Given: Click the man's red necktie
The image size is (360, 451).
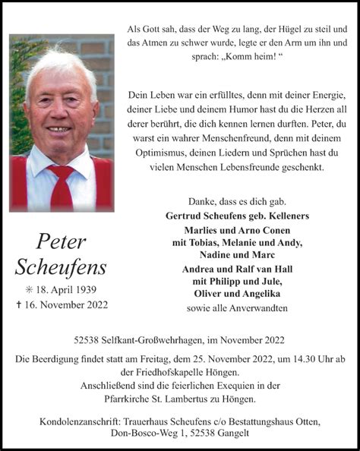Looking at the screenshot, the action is tap(62, 187).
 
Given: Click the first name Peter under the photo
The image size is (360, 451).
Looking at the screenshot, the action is tap(61, 242).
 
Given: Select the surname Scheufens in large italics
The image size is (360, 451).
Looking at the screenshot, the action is tap(61, 267).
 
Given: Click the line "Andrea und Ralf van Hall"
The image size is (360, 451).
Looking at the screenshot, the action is tap(237, 269).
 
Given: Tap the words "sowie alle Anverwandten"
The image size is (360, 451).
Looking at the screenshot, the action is tap(237, 307).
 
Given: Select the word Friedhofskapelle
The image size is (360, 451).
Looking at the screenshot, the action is tap(159, 371).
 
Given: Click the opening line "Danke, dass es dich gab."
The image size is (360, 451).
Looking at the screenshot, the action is tap(237, 201).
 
